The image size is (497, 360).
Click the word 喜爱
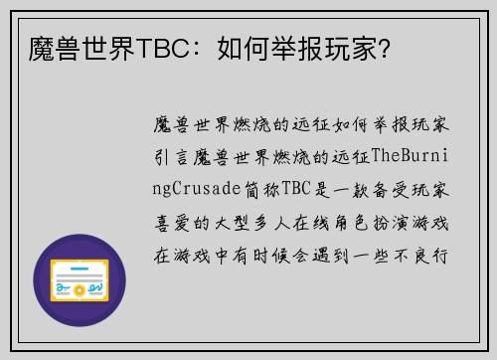point(170,223)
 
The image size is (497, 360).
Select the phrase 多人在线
point(304,223)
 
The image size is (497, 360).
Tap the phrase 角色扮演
point(385,223)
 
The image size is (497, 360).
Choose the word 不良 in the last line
point(418,255)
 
